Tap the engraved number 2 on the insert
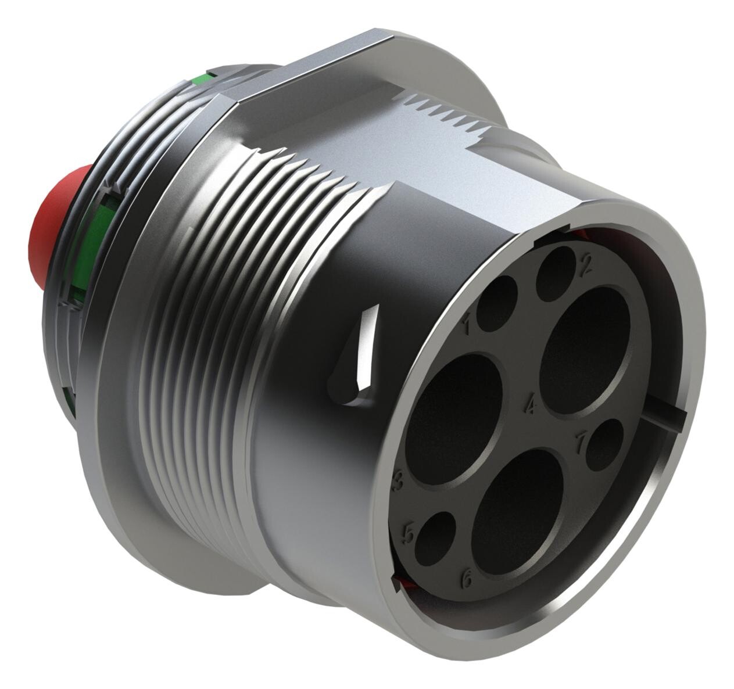point(585,265)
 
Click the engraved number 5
point(409,533)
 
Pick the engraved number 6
point(466,578)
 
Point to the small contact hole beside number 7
point(604,444)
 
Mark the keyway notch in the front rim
point(668,417)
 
